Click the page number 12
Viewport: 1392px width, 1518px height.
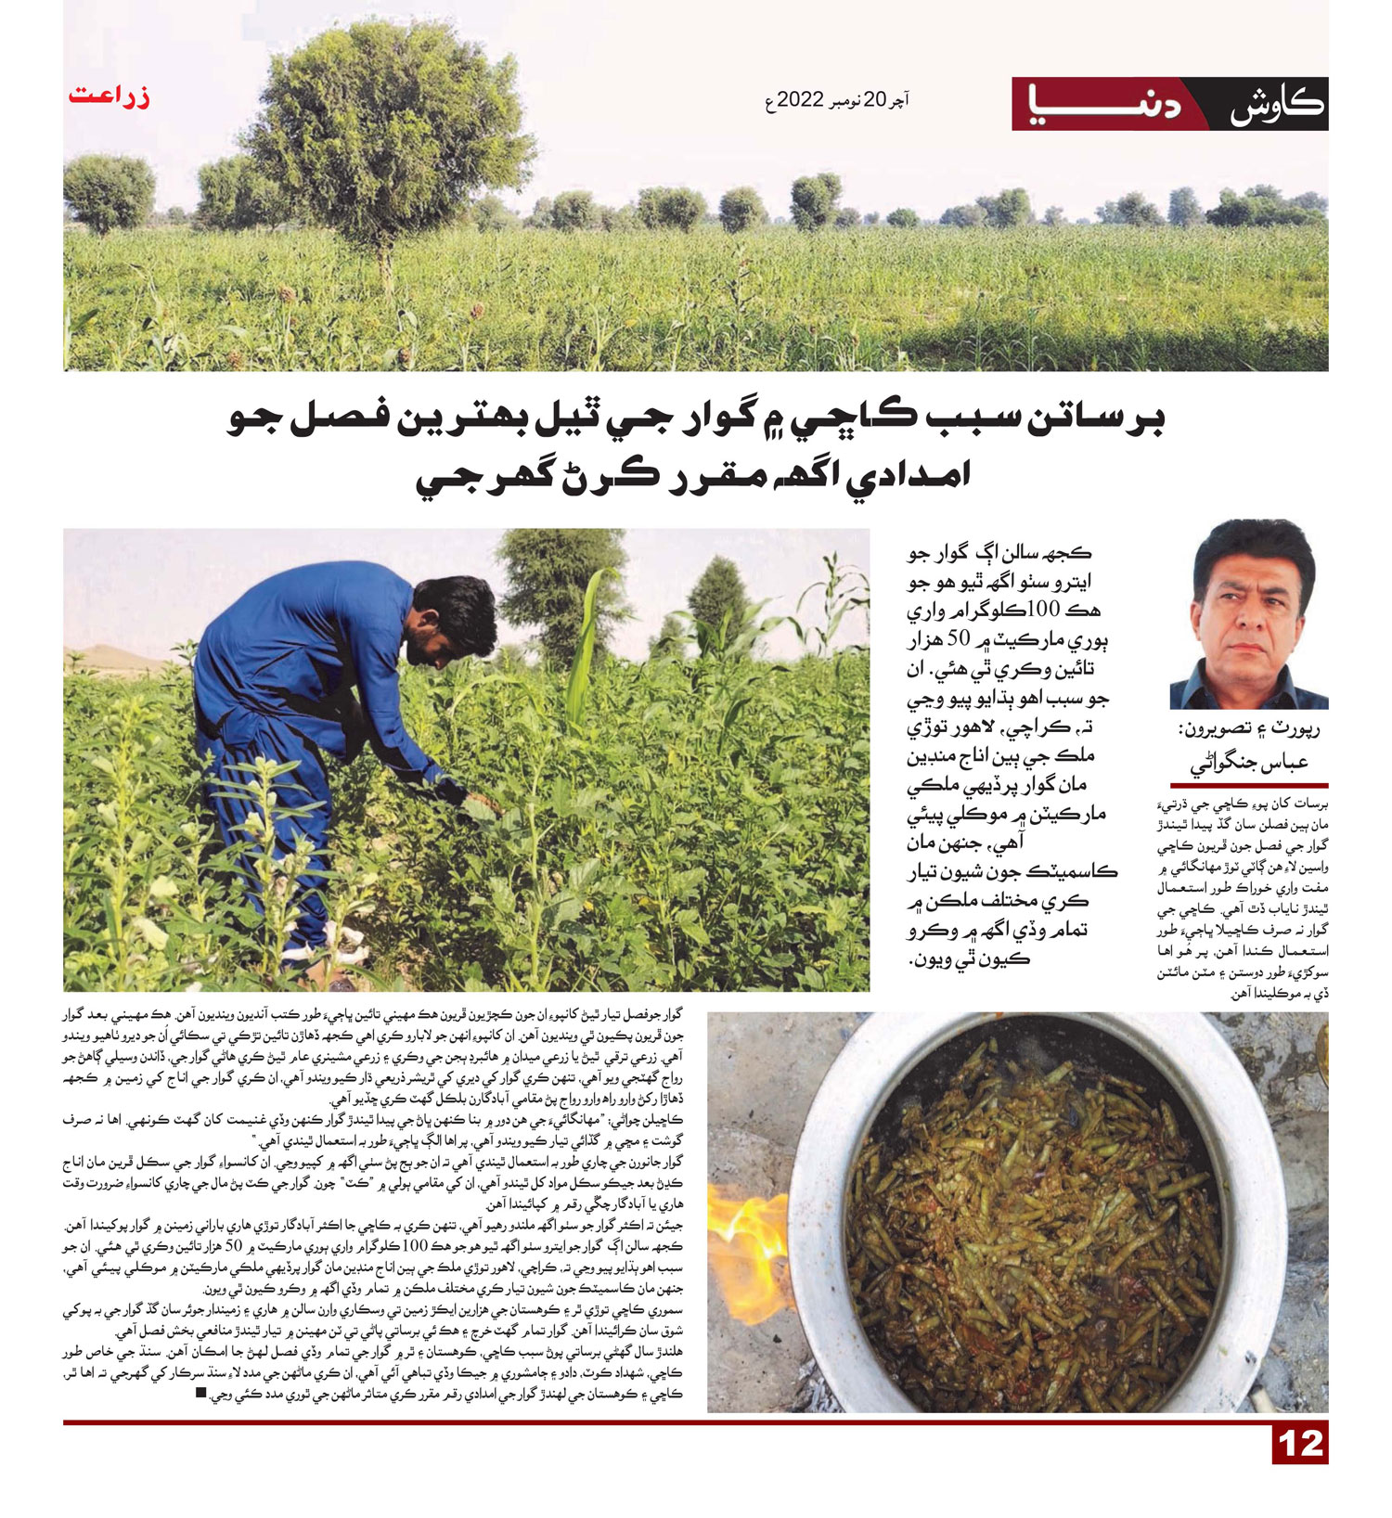1299,1444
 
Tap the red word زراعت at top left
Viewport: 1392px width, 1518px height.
109,96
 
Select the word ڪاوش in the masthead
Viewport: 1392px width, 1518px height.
1276,105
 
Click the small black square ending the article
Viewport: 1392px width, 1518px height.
201,1393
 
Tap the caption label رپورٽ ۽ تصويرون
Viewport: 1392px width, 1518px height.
1249,729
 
